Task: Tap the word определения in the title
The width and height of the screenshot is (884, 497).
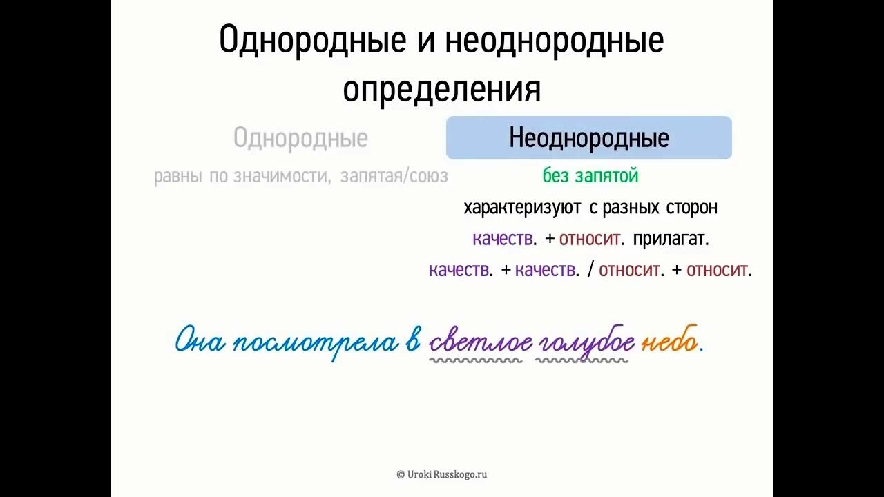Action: [441, 90]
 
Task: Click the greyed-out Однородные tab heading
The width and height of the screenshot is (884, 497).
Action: [300, 138]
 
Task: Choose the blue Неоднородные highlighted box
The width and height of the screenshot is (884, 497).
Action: [588, 138]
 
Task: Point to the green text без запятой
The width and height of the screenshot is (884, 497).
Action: [590, 176]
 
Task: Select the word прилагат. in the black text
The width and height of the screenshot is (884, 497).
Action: [671, 240]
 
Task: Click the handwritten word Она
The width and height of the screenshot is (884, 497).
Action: [200, 342]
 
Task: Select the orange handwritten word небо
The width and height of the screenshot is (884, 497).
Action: [669, 342]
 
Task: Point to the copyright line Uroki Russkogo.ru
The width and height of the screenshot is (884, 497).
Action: [442, 474]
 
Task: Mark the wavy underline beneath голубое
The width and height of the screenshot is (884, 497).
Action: [582, 360]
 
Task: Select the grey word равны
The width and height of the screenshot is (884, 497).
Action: [177, 177]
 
